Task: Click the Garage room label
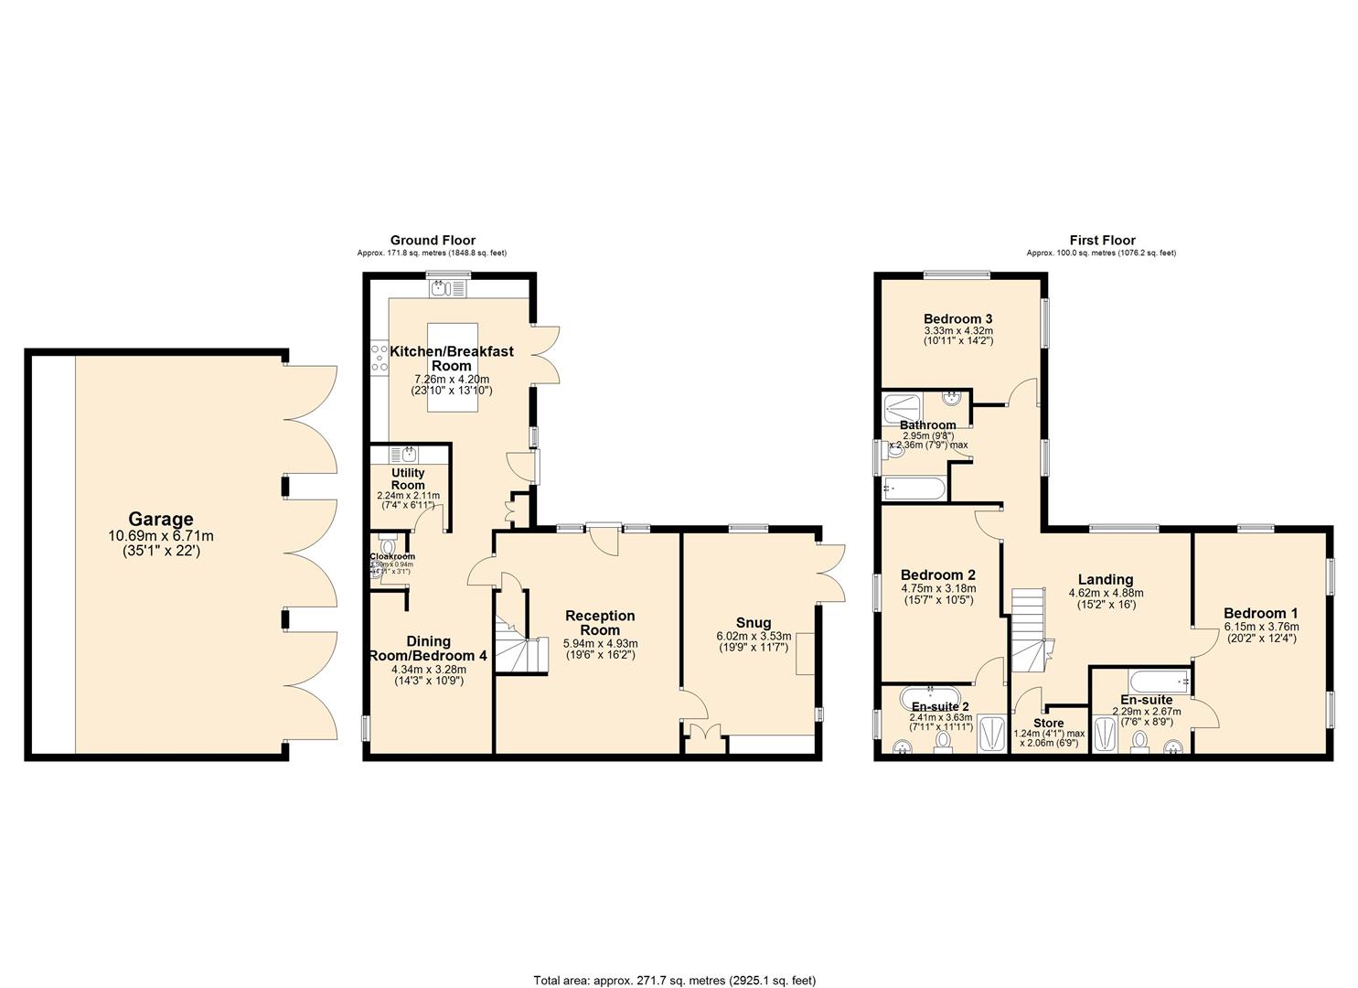click(x=160, y=520)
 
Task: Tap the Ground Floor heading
click(x=433, y=241)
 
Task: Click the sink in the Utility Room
click(x=408, y=454)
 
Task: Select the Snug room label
click(x=754, y=623)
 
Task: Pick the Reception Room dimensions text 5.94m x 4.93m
click(x=600, y=643)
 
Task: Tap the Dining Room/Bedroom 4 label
click(x=428, y=649)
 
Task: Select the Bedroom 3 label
click(x=957, y=318)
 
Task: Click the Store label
click(x=1048, y=723)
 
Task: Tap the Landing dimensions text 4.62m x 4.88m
click(x=1105, y=593)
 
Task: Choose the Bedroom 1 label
click(x=1261, y=613)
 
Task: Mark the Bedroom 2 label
click(x=937, y=575)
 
